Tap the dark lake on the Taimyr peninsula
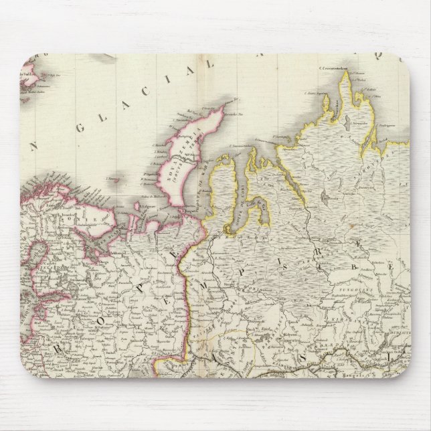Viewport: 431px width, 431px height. point(325,197)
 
